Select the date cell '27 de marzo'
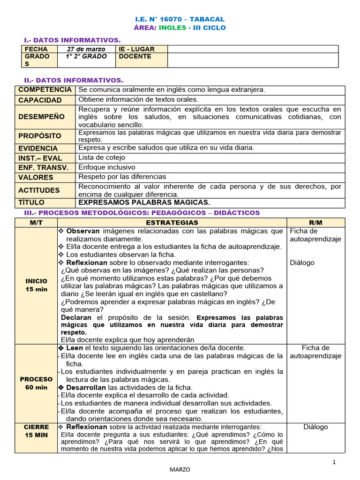(86, 49)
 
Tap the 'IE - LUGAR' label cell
(136, 49)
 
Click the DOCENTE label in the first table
(135, 56)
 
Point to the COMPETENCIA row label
(45, 90)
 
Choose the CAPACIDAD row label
(40, 100)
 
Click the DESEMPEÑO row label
(42, 117)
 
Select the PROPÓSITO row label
(40, 136)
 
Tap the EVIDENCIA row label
(38, 148)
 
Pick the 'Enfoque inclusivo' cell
(107, 167)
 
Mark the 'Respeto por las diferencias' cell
(122, 177)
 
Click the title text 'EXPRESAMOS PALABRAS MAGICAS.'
(144, 202)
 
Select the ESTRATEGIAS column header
(172, 223)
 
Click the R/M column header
(315, 223)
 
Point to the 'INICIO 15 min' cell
(36, 285)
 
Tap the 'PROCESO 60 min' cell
(36, 383)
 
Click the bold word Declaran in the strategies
(76, 317)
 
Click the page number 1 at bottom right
(334, 462)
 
